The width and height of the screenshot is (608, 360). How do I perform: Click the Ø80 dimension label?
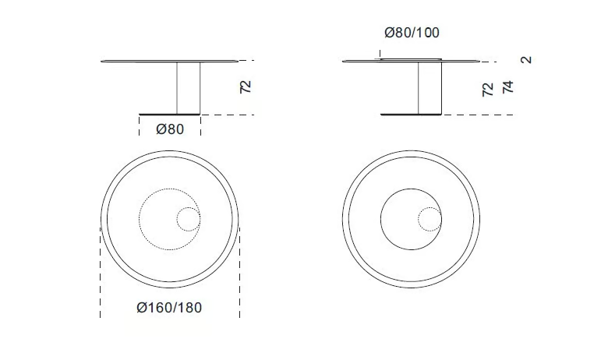click(170, 129)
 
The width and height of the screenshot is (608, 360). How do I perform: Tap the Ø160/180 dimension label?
click(169, 308)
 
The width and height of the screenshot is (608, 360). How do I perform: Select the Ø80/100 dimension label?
click(412, 33)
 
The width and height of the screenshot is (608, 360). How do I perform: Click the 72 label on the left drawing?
click(246, 86)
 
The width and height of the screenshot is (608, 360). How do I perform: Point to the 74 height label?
click(508, 86)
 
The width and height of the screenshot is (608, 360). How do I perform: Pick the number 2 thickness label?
click(527, 59)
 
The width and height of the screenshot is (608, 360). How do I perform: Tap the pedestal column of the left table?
click(189, 87)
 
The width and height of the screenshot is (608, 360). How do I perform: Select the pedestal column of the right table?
click(430, 88)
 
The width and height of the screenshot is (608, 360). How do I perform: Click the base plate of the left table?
click(170, 114)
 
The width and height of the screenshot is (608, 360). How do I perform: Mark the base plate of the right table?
click(412, 115)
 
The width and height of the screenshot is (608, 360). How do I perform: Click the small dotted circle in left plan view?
click(188, 221)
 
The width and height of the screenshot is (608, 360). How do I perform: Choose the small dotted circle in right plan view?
click(429, 220)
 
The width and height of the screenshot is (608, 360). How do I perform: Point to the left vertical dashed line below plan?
click(100, 273)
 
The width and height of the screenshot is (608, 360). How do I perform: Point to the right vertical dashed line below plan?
click(239, 273)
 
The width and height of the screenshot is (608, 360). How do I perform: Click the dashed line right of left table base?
click(230, 115)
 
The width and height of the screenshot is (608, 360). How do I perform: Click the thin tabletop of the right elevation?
click(468, 62)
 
